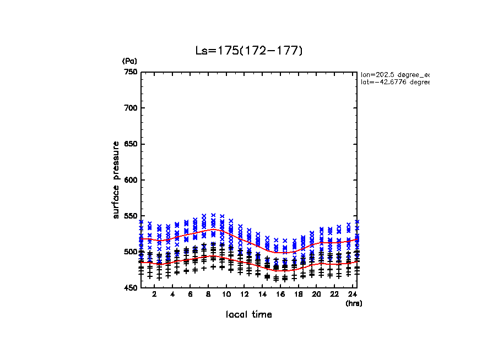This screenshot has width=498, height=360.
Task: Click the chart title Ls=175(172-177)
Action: [249, 51]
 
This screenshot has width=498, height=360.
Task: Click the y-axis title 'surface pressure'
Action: [116, 179]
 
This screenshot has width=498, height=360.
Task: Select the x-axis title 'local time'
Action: [249, 315]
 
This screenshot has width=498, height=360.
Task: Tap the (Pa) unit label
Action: [129, 61]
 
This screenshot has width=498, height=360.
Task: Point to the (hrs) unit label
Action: [354, 303]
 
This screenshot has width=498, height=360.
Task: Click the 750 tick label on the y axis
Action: [131, 72]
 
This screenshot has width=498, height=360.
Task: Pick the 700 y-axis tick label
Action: [131, 108]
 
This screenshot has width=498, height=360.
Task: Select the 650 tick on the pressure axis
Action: [131, 144]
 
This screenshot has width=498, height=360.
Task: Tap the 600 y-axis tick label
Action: [131, 180]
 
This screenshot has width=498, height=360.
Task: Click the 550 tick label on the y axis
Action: [131, 216]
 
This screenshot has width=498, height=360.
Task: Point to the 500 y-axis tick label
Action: [131, 252]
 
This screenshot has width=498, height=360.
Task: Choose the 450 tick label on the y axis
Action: [131, 288]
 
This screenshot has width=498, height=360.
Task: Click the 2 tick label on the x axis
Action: [154, 294]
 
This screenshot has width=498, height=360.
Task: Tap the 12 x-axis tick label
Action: [244, 294]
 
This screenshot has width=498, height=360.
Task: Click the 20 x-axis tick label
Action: [316, 294]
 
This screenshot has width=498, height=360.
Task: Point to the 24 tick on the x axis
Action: [352, 294]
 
